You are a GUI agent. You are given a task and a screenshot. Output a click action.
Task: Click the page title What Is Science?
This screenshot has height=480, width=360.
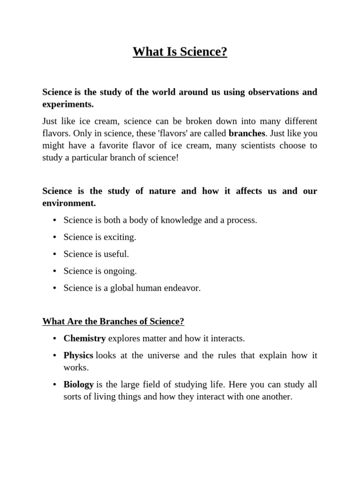pyautogui.click(x=180, y=52)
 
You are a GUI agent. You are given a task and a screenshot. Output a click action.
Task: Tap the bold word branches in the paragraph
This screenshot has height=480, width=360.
pyautogui.click(x=247, y=133)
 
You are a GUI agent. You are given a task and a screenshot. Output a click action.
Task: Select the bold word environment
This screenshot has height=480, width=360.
pyautogui.click(x=68, y=203)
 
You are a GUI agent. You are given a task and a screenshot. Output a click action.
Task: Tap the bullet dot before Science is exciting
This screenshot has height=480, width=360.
pyautogui.click(x=55, y=237)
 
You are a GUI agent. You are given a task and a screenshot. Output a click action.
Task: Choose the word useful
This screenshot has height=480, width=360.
pyautogui.click(x=116, y=254)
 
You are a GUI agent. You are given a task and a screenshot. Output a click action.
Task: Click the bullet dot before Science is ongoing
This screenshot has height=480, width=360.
pyautogui.click(x=55, y=271)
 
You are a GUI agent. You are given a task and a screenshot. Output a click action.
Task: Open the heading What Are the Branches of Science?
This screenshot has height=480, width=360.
pyautogui.click(x=113, y=322)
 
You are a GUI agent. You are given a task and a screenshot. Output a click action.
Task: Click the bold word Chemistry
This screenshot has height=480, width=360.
pyautogui.click(x=84, y=338)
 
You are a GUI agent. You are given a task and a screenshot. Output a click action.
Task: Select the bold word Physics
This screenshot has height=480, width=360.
pyautogui.click(x=78, y=355)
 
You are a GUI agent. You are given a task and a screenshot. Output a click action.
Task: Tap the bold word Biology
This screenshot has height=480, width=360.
pyautogui.click(x=79, y=384)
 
